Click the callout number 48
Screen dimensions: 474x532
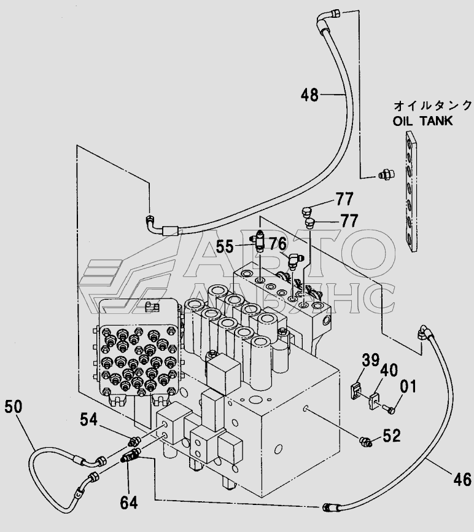309,95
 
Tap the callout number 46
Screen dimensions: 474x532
462,479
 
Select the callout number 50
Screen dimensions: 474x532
14,407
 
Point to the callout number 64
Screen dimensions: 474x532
129,503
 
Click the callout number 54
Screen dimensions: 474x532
89,420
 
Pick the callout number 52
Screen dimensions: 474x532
392,436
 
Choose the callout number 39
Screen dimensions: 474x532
370,360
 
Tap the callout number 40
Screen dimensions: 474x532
389,370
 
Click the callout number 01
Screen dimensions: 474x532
408,386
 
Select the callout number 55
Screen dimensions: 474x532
225,246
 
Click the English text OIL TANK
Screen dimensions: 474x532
422,121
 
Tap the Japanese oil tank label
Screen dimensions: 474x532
433,106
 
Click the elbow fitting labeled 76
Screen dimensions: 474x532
293,261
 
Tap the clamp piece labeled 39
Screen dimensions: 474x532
355,391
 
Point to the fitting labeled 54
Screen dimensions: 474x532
134,441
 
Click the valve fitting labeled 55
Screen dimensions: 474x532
259,240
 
